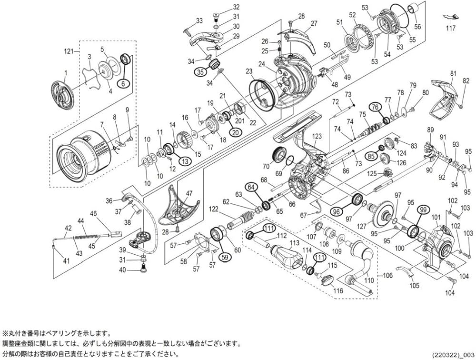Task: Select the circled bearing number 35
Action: pos(200,72)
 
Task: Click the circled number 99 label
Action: pos(421,210)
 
